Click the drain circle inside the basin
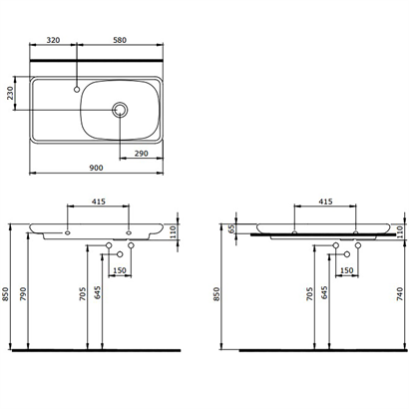[121, 108]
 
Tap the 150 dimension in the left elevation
[119, 269]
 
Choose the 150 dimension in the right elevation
[346, 269]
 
